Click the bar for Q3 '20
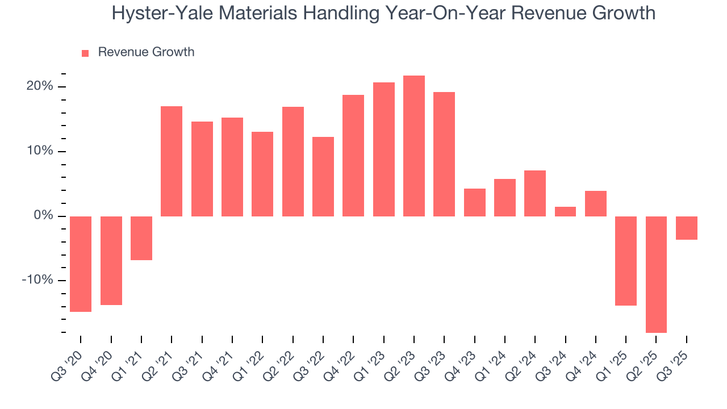click(81, 264)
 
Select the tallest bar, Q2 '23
click(413, 146)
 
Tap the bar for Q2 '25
click(656, 274)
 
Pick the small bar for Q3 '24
click(565, 211)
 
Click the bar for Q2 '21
click(172, 161)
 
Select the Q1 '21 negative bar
click(141, 238)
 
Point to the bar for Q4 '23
click(474, 202)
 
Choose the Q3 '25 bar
click(686, 228)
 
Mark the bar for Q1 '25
click(626, 261)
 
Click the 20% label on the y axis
click(40, 86)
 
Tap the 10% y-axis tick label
click(40, 151)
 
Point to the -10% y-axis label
click(37, 281)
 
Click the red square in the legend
click(85, 53)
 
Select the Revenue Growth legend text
click(146, 52)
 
